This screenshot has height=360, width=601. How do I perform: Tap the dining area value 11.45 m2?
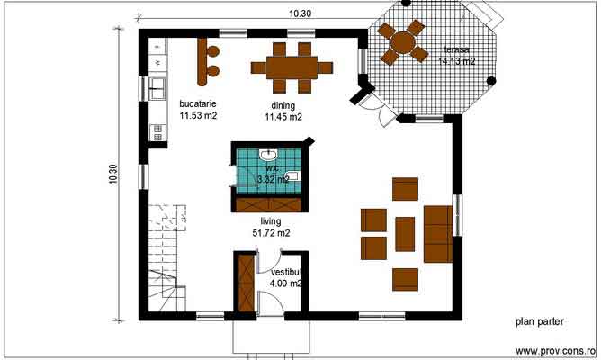click(x=283, y=117)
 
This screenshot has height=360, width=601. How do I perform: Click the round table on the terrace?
click(x=403, y=41)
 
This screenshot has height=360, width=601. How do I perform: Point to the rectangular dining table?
click(x=292, y=66)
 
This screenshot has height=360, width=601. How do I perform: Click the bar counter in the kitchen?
click(x=199, y=59)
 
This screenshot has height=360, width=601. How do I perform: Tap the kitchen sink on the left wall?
click(x=156, y=88)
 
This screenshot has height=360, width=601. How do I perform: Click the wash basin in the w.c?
click(x=266, y=156)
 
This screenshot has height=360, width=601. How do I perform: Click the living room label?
click(x=271, y=220)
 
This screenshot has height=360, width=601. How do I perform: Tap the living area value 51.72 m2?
click(x=271, y=233)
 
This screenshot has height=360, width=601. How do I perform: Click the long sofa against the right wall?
click(x=437, y=233)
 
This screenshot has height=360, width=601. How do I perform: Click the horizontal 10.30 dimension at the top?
click(x=300, y=13)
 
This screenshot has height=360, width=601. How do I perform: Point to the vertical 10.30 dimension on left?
click(x=112, y=174)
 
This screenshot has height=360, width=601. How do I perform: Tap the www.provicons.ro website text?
click(x=554, y=350)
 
